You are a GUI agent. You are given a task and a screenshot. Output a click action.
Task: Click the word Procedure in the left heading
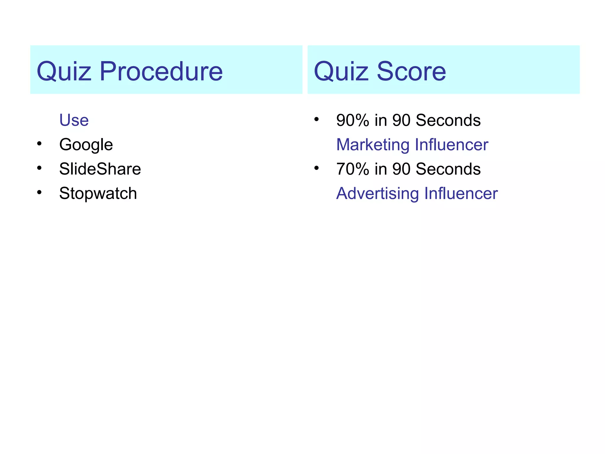coord(161,71)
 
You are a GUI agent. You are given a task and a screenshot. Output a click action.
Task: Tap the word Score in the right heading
coord(411,71)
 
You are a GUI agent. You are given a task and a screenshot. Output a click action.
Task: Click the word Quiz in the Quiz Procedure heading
coord(64,71)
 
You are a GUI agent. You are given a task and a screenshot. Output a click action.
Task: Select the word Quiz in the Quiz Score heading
coord(341,71)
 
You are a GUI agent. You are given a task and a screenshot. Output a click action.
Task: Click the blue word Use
coord(74,120)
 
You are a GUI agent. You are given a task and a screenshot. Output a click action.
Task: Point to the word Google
coord(86,145)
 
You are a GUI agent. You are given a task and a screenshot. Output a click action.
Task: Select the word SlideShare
coord(100,169)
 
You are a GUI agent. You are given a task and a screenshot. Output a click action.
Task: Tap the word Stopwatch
coord(98,194)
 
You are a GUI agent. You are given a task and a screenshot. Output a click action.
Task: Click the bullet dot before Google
coord(39,144)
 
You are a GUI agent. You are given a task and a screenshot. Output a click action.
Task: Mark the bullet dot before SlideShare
coord(39,168)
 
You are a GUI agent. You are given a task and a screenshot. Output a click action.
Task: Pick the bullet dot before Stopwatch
coord(39,193)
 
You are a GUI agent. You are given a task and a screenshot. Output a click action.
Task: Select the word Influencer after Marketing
coord(451,145)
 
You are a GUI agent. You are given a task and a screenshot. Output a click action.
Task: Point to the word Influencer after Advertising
coord(461,194)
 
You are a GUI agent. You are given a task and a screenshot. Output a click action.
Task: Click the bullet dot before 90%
coord(316,119)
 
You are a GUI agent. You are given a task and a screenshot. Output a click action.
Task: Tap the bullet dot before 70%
coord(316,168)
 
